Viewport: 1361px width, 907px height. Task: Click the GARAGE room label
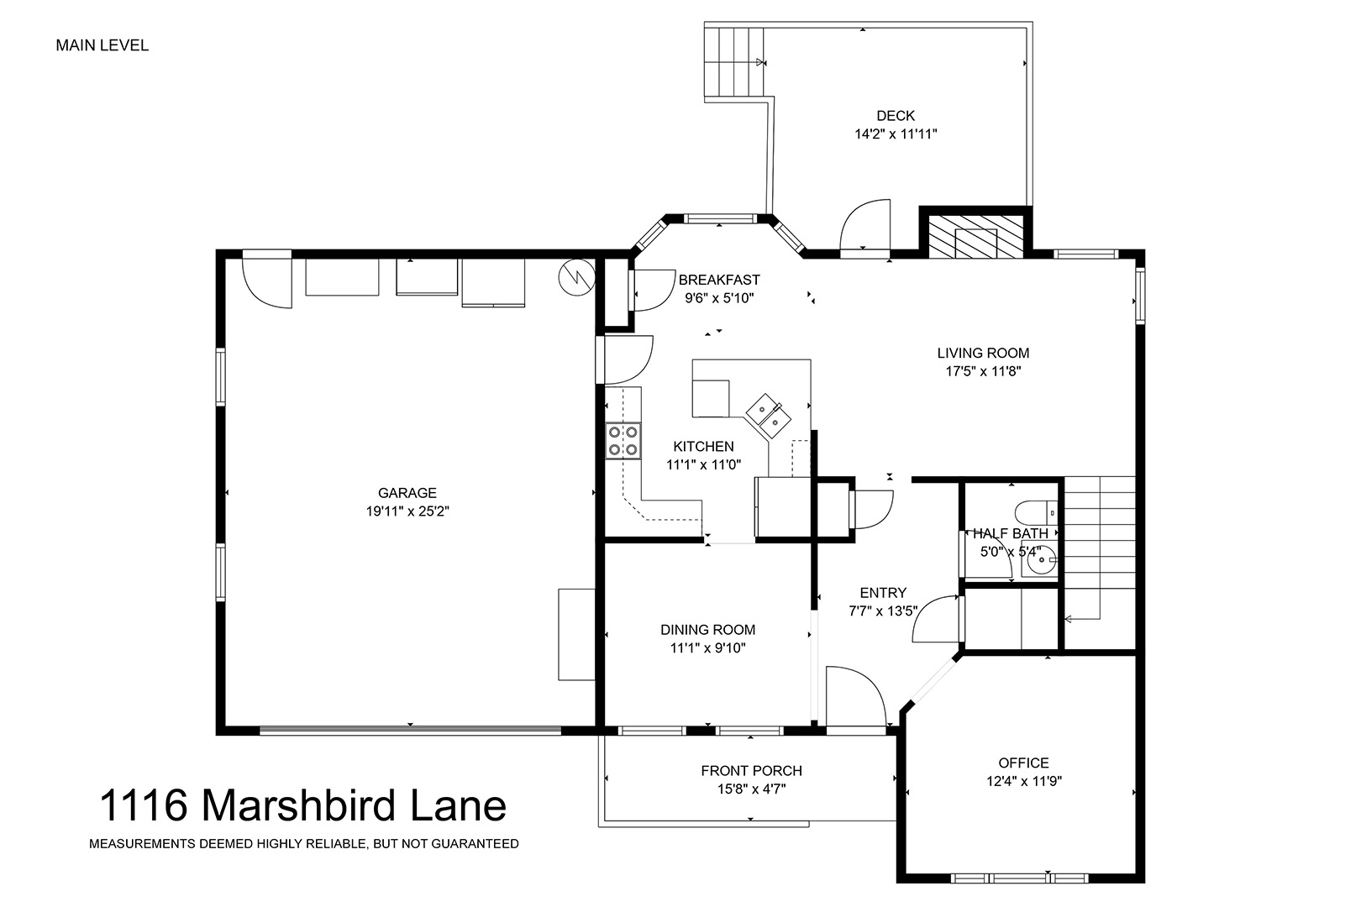(407, 493)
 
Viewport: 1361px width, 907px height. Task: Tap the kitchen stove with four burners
(623, 440)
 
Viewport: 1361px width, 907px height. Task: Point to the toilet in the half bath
(1038, 513)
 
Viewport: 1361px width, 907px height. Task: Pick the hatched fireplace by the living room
(975, 236)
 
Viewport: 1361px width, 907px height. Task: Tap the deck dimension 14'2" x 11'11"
(896, 134)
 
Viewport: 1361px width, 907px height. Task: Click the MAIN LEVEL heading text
(102, 45)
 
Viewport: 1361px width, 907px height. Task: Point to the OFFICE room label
(1024, 763)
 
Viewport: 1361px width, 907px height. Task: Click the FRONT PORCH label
(752, 771)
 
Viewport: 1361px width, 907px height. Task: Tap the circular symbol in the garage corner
(576, 278)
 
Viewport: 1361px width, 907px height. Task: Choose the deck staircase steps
(734, 61)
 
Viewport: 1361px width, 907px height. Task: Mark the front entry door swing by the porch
(855, 696)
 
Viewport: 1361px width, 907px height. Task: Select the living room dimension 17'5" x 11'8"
(983, 371)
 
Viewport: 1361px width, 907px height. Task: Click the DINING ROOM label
(708, 630)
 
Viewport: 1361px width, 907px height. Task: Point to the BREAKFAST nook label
(719, 280)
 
